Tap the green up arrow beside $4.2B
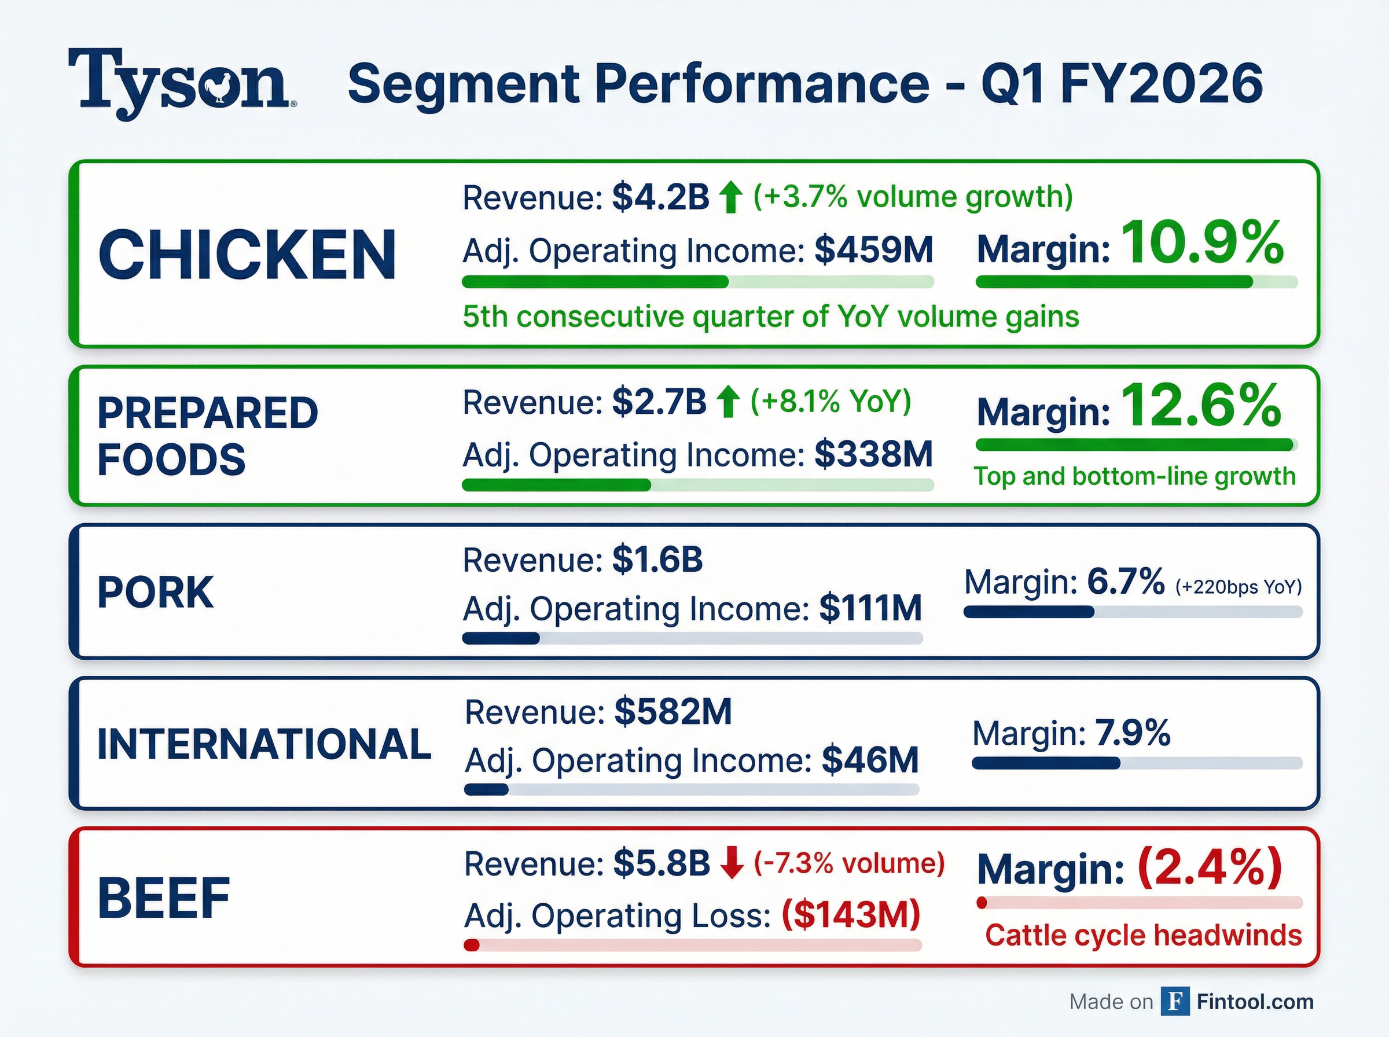(730, 197)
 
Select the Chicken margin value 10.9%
(1202, 244)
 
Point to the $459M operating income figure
(873, 250)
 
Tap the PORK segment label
(156, 592)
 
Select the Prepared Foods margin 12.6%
(1201, 406)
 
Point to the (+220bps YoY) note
(1239, 587)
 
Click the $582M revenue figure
(673, 712)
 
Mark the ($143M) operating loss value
(850, 914)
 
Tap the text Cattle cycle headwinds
(1143, 935)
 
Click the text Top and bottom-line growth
(1134, 476)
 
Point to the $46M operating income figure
(870, 760)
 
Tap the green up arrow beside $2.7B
(727, 402)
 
